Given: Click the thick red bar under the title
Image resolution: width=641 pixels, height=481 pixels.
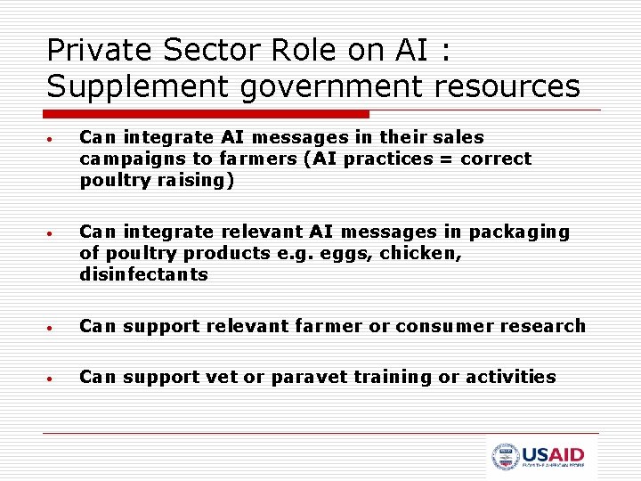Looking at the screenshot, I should coord(207,114).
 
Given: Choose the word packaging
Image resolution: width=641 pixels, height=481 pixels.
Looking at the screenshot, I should coord(520,232).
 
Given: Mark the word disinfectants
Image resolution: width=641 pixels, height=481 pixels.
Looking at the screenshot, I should coord(143,274).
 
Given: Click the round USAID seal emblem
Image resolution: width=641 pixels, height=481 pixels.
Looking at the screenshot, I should coord(505,457).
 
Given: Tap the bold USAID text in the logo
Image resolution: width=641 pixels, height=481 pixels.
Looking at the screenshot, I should coord(553,453).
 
